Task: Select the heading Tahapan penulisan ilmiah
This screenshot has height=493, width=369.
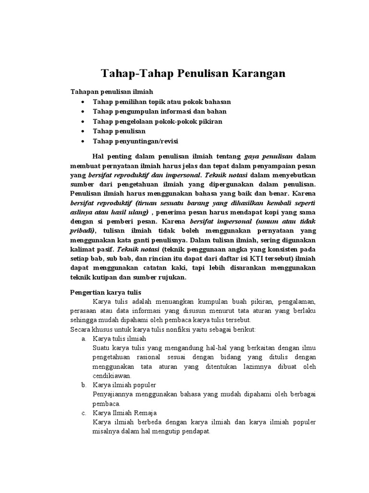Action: pyautogui.click(x=113, y=91)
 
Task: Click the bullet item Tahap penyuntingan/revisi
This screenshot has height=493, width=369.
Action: pyautogui.click(x=135, y=141)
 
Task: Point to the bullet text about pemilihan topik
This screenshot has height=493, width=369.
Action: pyautogui.click(x=162, y=102)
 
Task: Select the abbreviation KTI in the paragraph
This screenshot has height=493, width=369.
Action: pyautogui.click(x=237, y=259)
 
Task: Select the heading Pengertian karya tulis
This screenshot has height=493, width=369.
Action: pyautogui.click(x=105, y=292)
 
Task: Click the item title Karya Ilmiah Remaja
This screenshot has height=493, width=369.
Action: pyautogui.click(x=124, y=413)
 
